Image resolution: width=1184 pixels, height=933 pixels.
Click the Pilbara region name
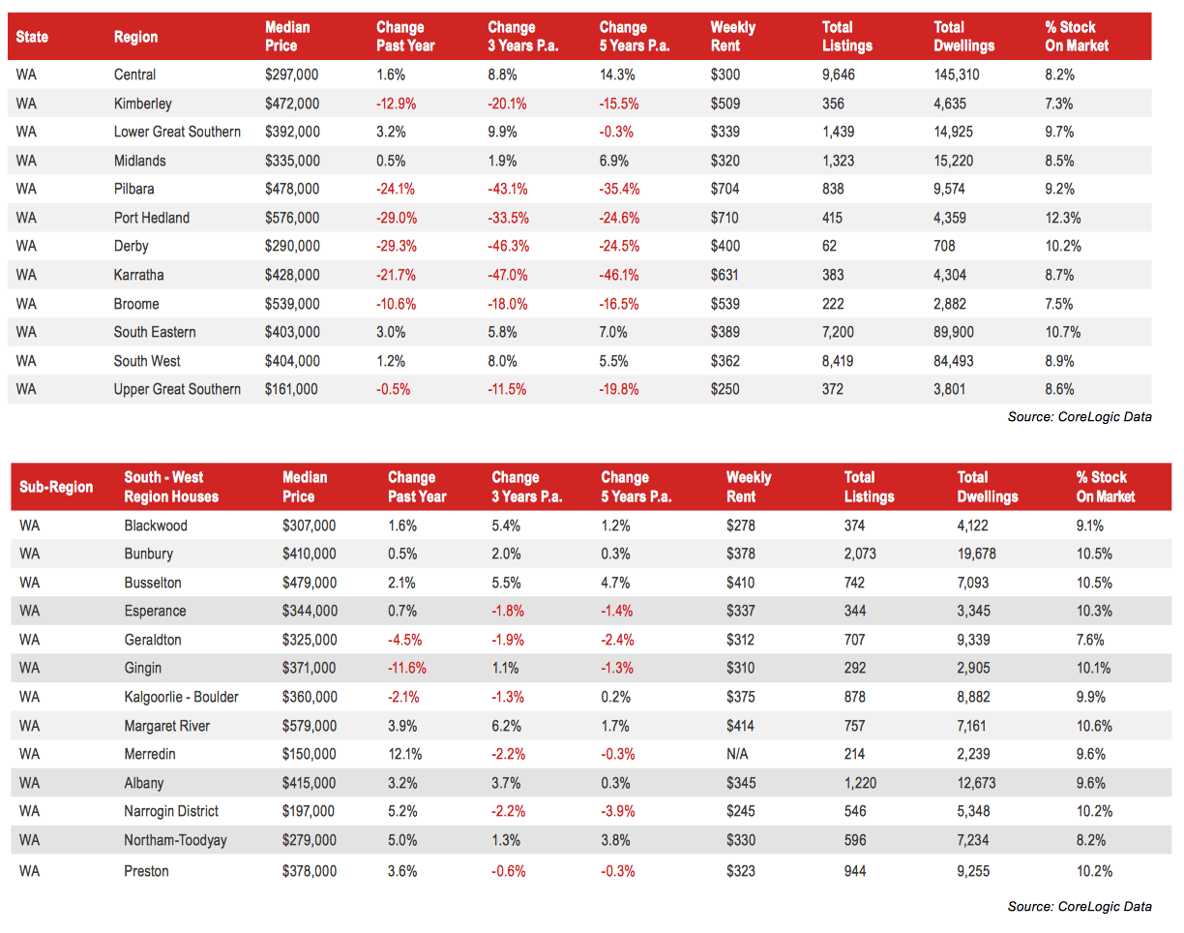[x=133, y=189]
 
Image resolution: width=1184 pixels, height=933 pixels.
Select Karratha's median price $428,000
[x=291, y=275]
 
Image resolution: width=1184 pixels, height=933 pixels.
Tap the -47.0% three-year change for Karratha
[x=507, y=275]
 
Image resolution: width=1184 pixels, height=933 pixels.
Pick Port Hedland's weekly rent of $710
[x=725, y=218]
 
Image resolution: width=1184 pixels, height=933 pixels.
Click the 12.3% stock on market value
[x=1062, y=218]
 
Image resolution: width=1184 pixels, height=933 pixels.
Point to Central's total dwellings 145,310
[x=957, y=75]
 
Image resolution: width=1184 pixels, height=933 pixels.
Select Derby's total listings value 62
[x=829, y=246]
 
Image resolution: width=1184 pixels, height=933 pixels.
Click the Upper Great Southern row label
[x=177, y=389]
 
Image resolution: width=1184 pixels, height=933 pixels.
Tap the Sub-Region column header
[x=56, y=487]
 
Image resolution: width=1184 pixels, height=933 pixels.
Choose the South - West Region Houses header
[x=171, y=487]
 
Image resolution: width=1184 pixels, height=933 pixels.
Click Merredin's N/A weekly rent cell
[x=737, y=754]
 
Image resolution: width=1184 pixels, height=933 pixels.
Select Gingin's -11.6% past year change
[x=406, y=668]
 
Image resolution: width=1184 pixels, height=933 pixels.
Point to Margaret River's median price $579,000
[x=310, y=726]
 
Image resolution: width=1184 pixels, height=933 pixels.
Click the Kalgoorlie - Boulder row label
[x=181, y=697]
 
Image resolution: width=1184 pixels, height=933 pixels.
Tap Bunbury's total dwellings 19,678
[x=976, y=554]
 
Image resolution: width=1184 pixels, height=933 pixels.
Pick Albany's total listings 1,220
[x=860, y=783]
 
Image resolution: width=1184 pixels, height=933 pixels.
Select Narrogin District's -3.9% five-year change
[x=617, y=811]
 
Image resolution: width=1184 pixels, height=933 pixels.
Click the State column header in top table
[x=32, y=37]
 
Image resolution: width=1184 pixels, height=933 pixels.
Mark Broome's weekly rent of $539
[x=725, y=304]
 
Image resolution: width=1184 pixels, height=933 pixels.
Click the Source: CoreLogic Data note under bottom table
[x=1079, y=906]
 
